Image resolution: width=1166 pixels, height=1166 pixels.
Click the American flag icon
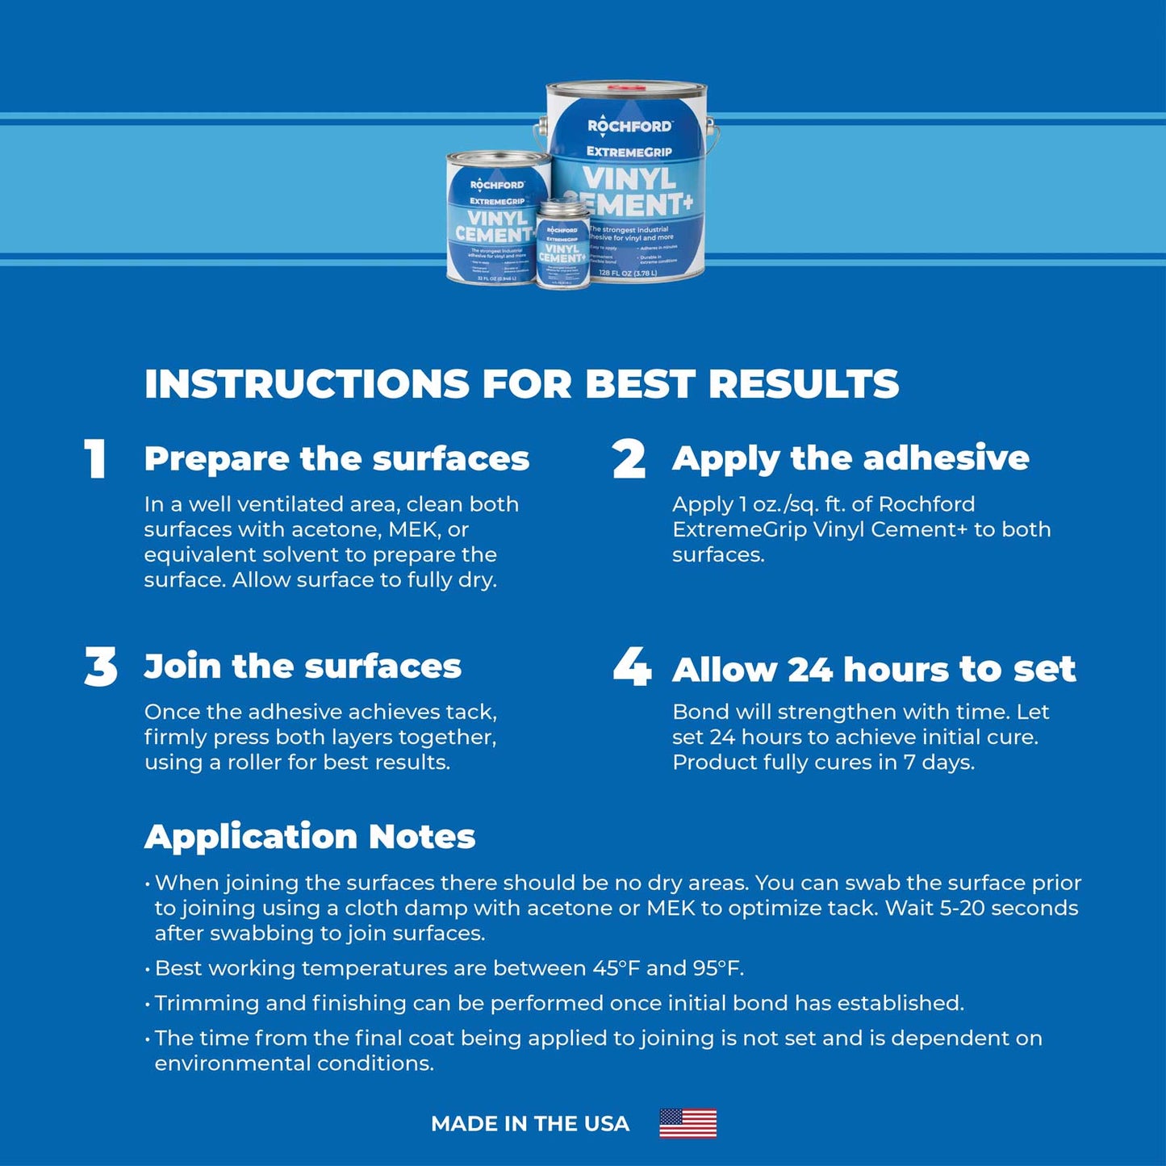pos(687,1122)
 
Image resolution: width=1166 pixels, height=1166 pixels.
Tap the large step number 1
pos(96,459)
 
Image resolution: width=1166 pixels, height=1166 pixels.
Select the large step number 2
pos(629,459)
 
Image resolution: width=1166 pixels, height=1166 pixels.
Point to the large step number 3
pos(101,667)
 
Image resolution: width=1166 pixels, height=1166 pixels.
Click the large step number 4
pos(631,667)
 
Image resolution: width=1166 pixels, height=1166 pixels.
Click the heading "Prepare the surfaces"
pos(336,458)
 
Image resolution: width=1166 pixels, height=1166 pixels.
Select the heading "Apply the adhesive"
pos(850,458)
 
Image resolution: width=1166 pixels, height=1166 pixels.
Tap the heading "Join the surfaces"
pos(303,667)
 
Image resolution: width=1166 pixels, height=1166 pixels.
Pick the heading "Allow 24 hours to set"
pos(874,669)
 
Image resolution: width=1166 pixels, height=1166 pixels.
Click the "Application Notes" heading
pos(310,836)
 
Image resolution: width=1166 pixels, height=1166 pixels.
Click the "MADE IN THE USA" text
pos(530,1123)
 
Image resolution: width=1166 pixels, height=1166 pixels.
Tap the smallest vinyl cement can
pos(562,245)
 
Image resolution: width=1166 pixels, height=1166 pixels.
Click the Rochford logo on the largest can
pos(629,126)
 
